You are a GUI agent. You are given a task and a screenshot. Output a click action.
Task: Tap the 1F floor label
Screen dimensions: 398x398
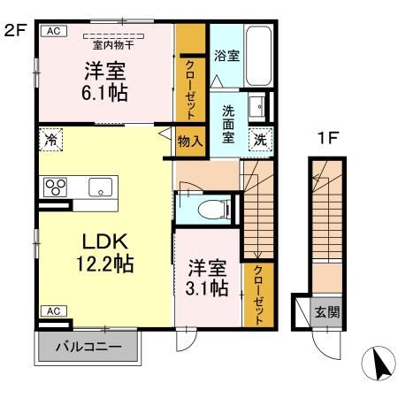[x=328, y=139]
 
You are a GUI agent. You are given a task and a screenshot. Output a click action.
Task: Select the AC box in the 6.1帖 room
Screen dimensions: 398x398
[x=53, y=30]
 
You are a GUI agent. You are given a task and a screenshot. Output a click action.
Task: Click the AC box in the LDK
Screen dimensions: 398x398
[x=53, y=311]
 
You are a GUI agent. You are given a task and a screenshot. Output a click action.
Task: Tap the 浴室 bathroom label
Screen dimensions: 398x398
[x=226, y=56]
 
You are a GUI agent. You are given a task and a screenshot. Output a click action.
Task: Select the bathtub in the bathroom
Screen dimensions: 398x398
[x=258, y=55]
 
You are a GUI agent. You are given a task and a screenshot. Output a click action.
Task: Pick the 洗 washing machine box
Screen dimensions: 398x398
[x=261, y=138]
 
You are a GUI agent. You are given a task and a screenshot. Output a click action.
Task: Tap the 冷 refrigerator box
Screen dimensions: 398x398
[x=51, y=139]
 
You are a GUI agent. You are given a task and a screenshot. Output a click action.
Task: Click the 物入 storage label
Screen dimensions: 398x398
[x=189, y=140]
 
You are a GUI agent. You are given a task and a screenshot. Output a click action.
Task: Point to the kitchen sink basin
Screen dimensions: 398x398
[x=98, y=187]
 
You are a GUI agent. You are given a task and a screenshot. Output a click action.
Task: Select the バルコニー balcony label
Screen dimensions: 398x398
[x=88, y=346]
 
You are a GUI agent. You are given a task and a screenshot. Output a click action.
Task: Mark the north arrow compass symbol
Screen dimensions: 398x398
[x=378, y=362]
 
